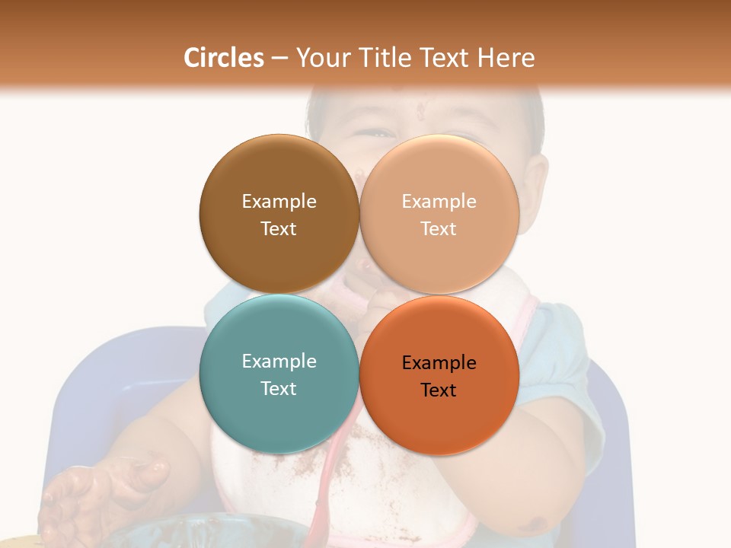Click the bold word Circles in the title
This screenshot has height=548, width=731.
point(224,58)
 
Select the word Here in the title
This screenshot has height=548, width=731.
point(506,58)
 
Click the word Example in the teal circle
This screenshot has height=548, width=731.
point(279,361)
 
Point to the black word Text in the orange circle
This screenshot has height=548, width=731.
point(439,390)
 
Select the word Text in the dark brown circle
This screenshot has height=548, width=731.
point(279,228)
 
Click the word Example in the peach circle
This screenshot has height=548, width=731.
point(439,201)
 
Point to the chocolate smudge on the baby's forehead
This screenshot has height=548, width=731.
point(420,111)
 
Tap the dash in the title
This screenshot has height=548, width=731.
point(279,58)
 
